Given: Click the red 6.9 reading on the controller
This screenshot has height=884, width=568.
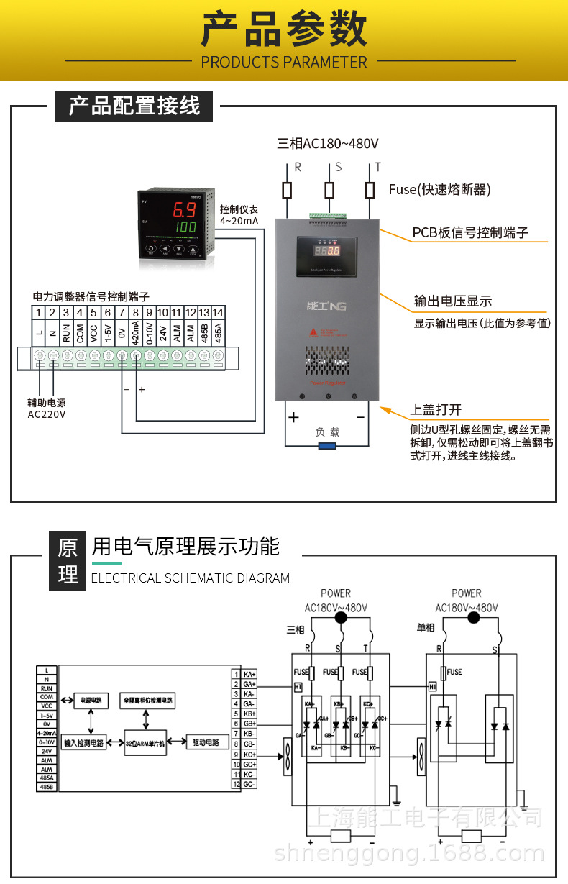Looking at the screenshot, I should click(x=185, y=211).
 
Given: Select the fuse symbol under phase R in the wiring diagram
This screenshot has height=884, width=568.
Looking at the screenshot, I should click(x=288, y=190).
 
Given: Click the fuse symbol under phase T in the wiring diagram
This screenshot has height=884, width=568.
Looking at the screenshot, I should click(x=370, y=190).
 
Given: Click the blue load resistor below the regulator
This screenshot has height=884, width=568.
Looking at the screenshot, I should click(x=327, y=446).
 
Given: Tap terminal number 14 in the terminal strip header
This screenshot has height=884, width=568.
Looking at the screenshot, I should click(x=218, y=312).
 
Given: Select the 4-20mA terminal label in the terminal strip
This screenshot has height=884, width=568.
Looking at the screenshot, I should click(x=135, y=334).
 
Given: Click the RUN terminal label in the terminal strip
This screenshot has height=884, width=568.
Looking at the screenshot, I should click(x=66, y=334).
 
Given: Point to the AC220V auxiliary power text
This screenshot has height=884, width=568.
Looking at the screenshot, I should click(x=47, y=414).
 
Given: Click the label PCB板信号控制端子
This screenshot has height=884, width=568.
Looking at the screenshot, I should click(x=470, y=232).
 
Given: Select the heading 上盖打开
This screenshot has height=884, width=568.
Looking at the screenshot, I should click(x=436, y=409).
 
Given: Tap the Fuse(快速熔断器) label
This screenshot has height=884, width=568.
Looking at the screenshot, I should click(x=439, y=189).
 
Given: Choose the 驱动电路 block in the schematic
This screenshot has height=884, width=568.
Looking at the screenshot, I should click(x=206, y=741).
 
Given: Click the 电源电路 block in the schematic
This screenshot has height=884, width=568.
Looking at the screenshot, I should click(x=91, y=699).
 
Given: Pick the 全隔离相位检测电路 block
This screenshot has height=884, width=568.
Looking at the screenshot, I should click(x=149, y=699).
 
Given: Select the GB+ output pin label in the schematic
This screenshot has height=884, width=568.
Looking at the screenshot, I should click(x=250, y=723).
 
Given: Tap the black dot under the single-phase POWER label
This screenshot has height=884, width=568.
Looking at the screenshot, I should click(x=472, y=618).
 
